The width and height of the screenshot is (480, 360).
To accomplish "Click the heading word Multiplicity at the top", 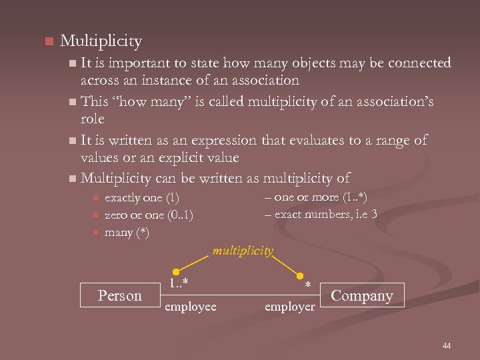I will click(x=101, y=41).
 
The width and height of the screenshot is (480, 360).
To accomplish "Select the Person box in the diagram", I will click(x=119, y=295).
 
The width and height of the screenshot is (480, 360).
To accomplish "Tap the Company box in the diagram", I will click(x=361, y=295).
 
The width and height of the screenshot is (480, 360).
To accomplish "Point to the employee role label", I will click(x=191, y=306).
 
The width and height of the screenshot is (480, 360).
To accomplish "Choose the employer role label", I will click(x=290, y=307).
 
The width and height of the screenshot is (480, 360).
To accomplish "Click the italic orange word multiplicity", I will click(x=243, y=251).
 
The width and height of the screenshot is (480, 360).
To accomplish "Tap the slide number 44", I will click(x=446, y=345).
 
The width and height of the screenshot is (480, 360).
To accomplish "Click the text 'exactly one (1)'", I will click(x=142, y=198).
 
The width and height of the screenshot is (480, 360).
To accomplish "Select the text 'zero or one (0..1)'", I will click(x=149, y=215).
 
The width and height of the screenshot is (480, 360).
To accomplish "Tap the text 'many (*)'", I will click(x=127, y=233).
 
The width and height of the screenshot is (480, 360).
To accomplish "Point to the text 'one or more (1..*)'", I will click(x=321, y=197).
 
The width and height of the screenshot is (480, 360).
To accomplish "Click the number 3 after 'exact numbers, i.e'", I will click(x=375, y=214).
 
